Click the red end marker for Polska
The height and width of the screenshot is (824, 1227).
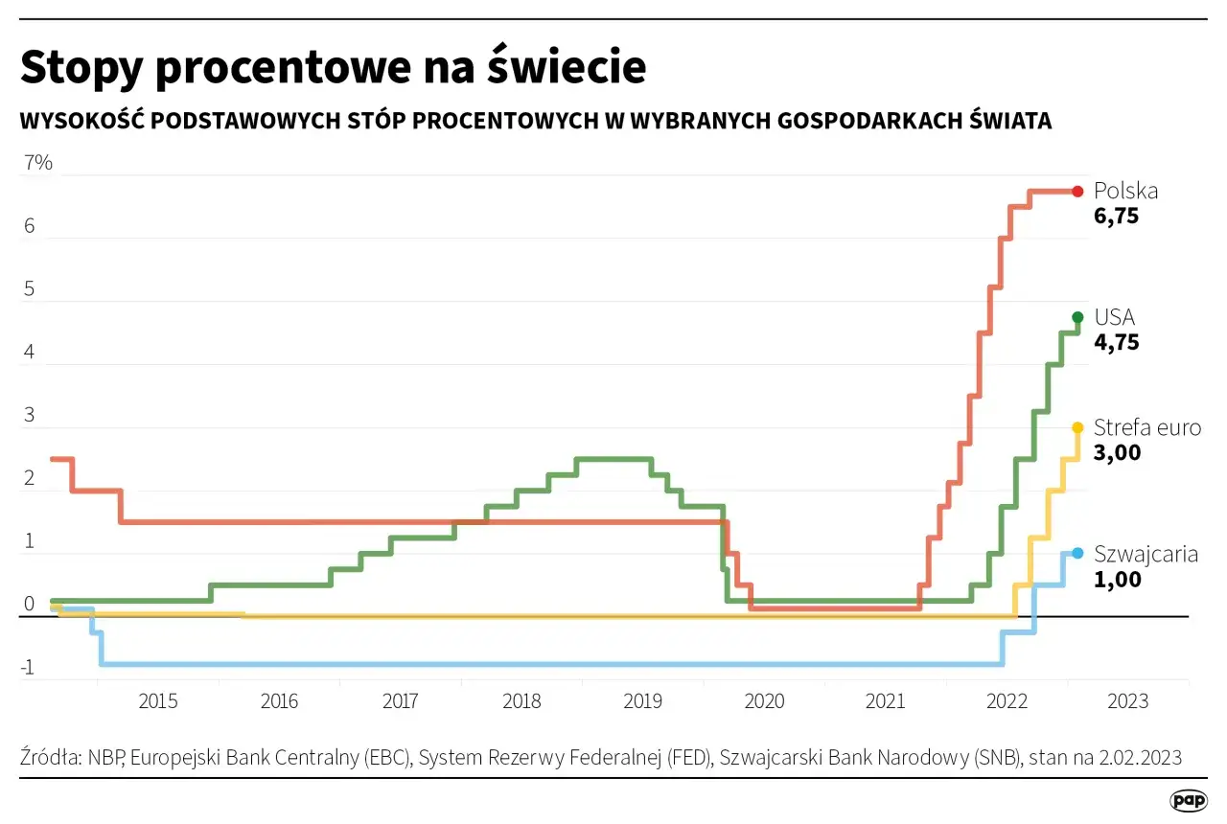coord(1077,191)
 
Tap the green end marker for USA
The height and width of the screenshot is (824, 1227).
coord(1077,317)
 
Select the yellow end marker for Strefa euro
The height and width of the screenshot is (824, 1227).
coord(1077,427)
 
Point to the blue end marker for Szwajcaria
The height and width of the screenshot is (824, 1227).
coord(1077,553)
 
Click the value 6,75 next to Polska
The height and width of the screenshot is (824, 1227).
coord(1116,217)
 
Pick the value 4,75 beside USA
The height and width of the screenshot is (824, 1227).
coord(1116,342)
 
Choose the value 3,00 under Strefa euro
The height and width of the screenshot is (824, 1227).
coord(1117,453)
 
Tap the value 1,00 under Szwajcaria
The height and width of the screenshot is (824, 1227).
coord(1117,580)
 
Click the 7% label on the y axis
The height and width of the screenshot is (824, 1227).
coord(37,163)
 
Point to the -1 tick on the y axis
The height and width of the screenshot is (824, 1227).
coord(29,669)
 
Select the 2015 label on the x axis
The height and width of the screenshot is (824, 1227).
coord(158,701)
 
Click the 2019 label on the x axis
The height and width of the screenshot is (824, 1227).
coord(643,701)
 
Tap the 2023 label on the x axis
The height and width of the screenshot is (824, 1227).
coord(1127,701)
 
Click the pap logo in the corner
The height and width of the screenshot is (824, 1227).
coord(1189,800)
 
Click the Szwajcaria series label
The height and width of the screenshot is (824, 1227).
coord(1146,554)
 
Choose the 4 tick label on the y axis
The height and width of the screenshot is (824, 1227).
coord(30,353)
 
